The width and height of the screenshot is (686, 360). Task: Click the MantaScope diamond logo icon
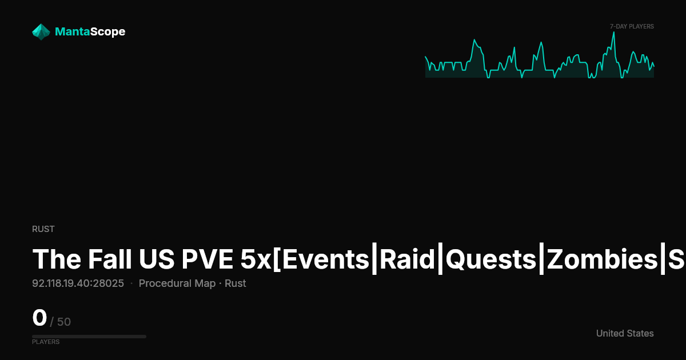pos(41,32)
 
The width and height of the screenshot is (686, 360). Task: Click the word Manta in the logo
pos(73,31)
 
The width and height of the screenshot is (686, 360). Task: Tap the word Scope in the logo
pos(108,32)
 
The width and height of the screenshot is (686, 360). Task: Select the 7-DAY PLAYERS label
pos(632,27)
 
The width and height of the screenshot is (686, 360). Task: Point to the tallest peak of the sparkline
pos(614,32)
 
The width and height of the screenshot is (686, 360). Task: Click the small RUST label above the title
pos(43,229)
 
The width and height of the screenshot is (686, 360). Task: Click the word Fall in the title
pos(110,259)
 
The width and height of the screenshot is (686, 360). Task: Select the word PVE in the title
pos(207,259)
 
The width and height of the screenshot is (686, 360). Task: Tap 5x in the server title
pos(256,259)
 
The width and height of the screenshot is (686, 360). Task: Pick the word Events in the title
pos(325,259)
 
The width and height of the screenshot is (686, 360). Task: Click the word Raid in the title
pos(407,259)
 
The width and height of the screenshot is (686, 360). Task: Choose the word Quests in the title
pos(491,259)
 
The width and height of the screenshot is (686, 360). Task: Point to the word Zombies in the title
pos(602,259)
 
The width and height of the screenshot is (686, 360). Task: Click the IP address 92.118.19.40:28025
pos(78,283)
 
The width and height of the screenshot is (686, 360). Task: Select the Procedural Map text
pos(177,283)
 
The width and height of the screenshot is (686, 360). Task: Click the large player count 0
pos(39,318)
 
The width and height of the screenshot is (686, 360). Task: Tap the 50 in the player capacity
pos(64,322)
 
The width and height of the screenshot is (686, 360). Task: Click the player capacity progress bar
pos(89,337)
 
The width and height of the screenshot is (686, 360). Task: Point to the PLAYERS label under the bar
pos(46,342)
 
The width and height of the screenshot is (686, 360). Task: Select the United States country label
pos(625,333)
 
